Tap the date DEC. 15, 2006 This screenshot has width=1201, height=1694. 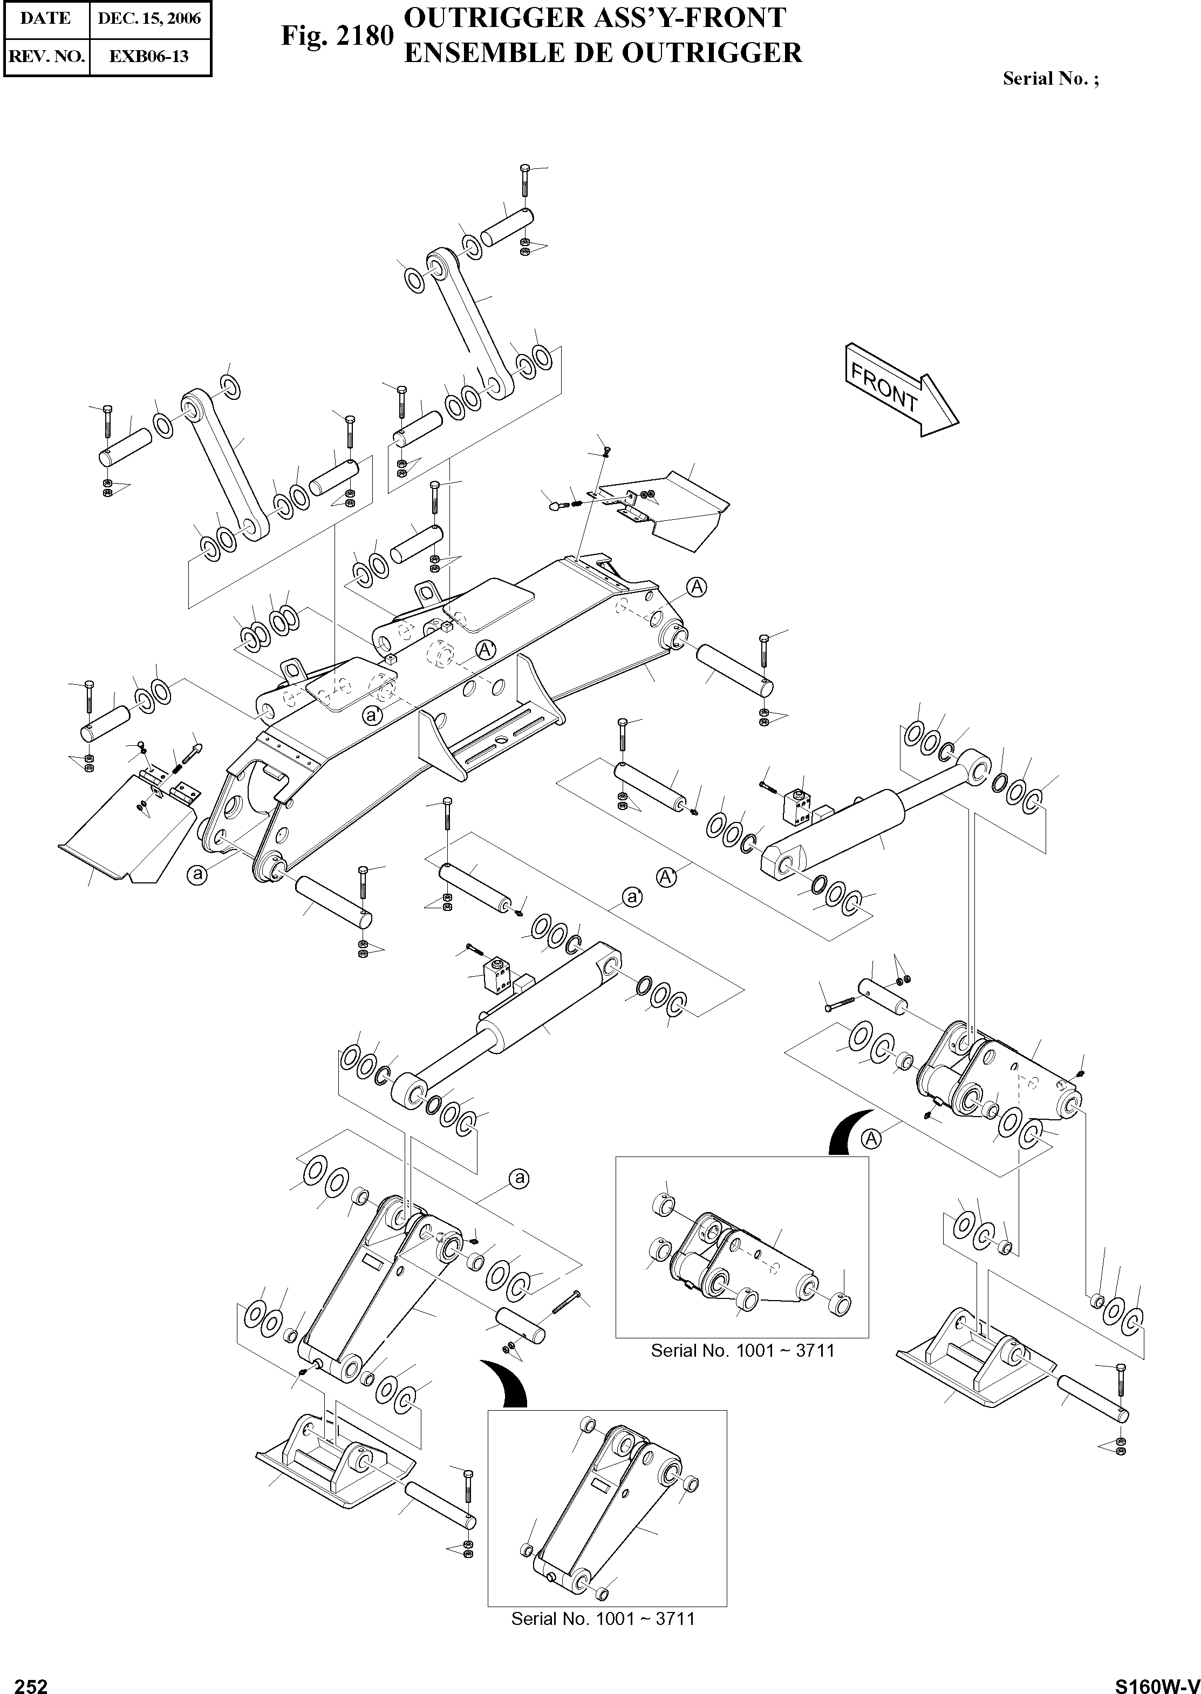point(149,18)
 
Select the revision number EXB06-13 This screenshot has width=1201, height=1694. point(149,56)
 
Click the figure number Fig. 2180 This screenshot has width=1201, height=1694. point(337,35)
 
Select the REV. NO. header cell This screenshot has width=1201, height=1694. point(46,56)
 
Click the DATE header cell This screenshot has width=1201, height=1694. point(46,18)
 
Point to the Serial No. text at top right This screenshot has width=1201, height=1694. point(1050,78)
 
